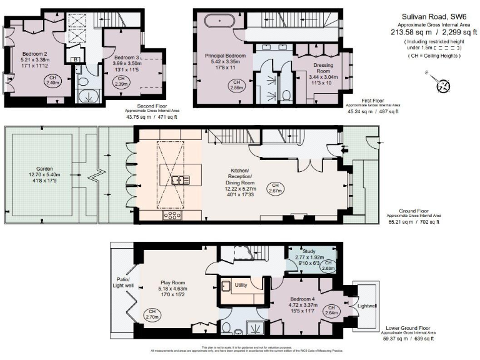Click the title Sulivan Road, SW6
tap(427, 17)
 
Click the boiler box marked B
tap(76, 60)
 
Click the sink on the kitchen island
tap(181, 180)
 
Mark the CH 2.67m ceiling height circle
tap(275, 187)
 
